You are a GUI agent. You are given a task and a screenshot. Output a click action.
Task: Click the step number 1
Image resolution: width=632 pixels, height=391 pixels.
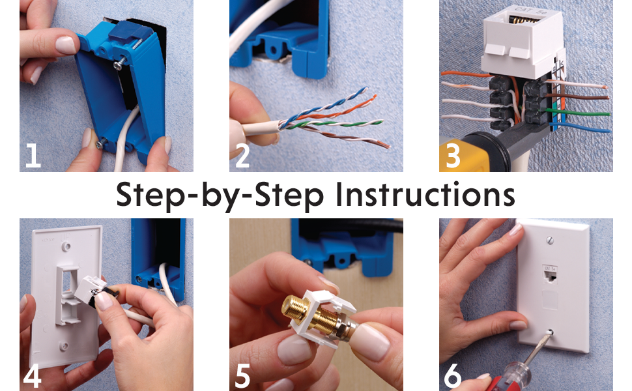click(33, 156)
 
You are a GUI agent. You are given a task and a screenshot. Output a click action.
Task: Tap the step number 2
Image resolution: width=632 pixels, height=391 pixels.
click(242, 156)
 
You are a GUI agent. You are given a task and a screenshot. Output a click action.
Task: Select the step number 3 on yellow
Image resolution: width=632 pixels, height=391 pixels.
click(453, 156)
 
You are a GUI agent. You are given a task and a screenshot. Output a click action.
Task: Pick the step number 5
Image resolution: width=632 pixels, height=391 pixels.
click(242, 376)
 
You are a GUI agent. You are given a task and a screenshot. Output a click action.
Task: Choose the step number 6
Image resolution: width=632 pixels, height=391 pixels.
click(453, 376)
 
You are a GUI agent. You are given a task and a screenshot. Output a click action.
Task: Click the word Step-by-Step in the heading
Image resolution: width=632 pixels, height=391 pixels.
click(220, 196)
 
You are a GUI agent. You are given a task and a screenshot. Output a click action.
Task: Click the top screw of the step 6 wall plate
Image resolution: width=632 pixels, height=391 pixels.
click(549, 240)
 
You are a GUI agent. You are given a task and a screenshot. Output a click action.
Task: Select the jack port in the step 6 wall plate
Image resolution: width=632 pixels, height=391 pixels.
click(550, 276)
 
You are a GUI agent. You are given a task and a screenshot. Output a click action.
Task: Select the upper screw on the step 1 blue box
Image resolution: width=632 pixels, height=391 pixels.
click(119, 64)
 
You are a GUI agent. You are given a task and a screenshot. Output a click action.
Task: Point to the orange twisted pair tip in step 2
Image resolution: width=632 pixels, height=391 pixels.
click(374, 97)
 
